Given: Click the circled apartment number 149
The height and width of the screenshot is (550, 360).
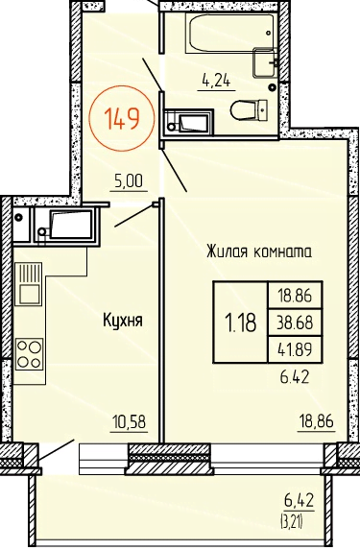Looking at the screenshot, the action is click(x=122, y=118).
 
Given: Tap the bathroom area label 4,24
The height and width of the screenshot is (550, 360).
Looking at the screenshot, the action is click(x=216, y=82).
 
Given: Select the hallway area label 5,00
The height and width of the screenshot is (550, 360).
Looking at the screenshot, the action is click(x=129, y=181).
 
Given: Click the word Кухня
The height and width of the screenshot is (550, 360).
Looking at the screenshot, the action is click(x=123, y=321).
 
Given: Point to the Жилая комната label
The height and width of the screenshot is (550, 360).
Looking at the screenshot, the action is click(x=259, y=251).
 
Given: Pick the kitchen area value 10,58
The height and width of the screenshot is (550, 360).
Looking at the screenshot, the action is click(x=129, y=421).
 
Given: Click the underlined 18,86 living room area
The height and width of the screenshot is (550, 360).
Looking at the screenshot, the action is click(x=316, y=421).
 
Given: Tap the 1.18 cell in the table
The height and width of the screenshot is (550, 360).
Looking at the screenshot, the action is click(x=241, y=322).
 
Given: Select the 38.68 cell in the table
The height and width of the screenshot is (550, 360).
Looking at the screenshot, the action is click(x=295, y=323).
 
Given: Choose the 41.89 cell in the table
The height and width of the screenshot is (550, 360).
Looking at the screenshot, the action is click(x=295, y=349).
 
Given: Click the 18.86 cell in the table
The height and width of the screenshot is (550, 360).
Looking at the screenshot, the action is click(x=295, y=296).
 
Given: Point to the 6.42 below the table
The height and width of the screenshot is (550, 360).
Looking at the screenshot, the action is click(x=295, y=377).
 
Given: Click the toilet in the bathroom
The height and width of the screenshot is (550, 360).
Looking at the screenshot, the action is click(x=249, y=109).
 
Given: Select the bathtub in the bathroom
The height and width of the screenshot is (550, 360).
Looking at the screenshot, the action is click(x=229, y=34).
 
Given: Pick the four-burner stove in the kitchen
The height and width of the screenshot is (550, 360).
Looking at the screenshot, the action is click(x=30, y=353).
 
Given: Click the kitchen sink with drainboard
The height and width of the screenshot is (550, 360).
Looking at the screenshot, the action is click(x=29, y=283).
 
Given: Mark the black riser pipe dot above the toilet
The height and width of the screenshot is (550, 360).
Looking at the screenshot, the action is click(x=273, y=87).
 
